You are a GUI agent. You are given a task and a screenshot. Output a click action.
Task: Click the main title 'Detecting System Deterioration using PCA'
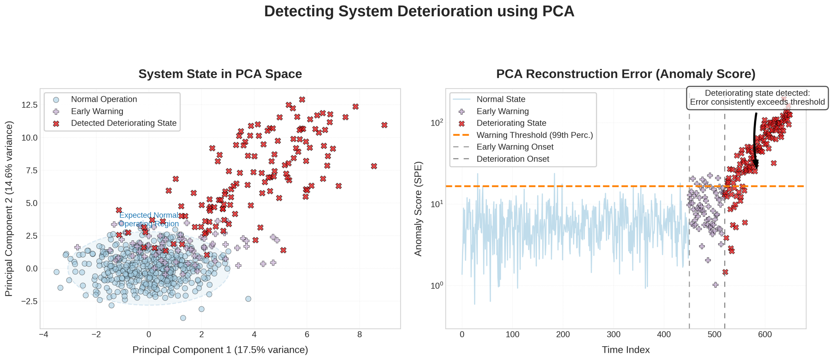[419, 11]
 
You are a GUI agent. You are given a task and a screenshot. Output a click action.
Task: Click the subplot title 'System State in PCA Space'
[220, 74]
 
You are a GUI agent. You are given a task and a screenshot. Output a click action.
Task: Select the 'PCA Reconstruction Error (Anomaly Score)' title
[626, 74]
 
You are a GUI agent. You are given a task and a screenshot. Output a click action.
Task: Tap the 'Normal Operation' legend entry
[104, 99]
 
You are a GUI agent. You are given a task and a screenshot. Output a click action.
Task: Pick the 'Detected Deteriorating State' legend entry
[124, 123]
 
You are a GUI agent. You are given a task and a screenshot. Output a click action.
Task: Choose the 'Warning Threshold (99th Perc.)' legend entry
[535, 135]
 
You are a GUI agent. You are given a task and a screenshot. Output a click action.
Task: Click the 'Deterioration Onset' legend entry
[513, 159]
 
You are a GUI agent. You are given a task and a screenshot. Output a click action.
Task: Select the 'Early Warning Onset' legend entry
[515, 147]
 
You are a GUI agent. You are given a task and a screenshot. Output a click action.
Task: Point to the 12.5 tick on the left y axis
[29, 105]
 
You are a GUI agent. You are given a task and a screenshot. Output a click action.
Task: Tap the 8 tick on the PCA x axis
[359, 335]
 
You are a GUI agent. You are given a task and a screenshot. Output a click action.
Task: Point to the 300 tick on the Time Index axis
[614, 335]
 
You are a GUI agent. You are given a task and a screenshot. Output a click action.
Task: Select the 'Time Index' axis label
[626, 350]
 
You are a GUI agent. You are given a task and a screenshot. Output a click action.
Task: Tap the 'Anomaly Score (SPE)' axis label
[418, 208]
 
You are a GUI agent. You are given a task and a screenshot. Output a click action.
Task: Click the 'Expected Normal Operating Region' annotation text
[149, 219]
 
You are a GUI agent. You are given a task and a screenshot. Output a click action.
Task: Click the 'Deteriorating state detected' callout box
[757, 98]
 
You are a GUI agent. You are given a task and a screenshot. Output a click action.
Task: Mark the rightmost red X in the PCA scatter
[384, 125]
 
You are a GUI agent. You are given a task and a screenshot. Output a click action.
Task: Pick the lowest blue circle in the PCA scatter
[183, 318]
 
